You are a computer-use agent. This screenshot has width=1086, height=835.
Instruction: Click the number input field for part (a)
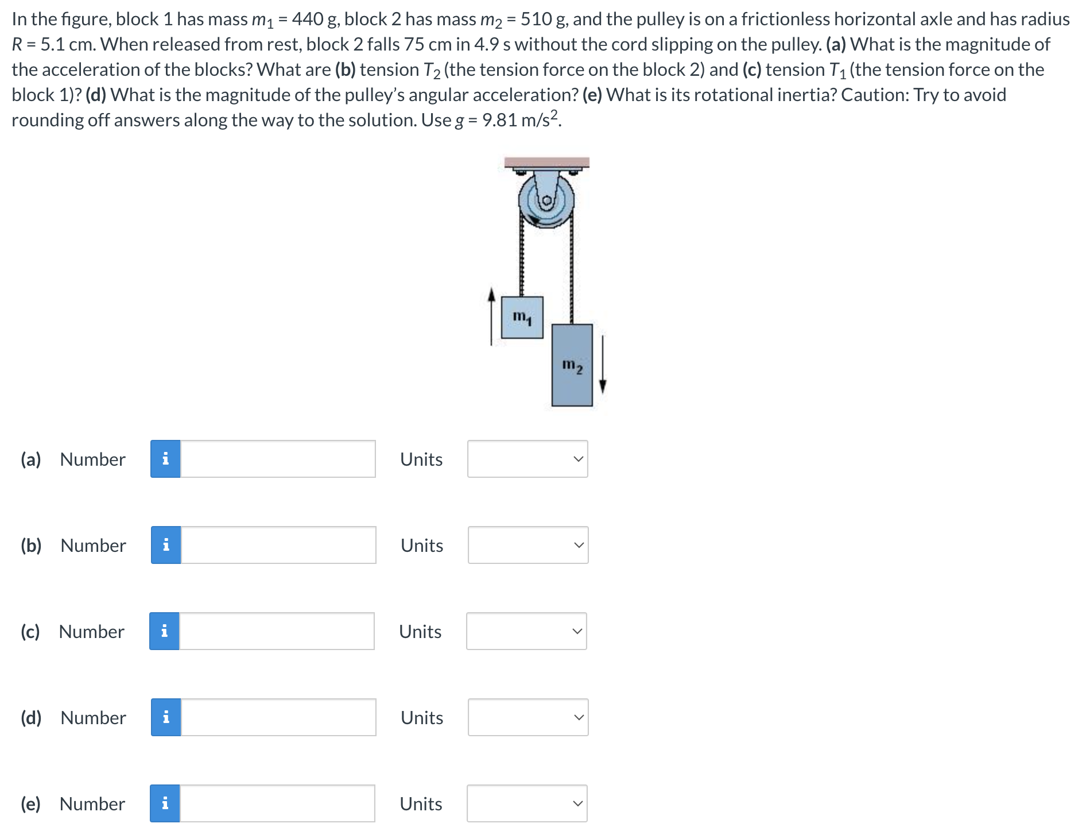point(278,459)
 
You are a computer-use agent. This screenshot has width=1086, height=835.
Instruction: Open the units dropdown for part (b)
point(528,545)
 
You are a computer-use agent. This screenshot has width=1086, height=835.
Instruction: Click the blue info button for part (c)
point(164,631)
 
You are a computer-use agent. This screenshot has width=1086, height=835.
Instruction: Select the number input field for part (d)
point(278,717)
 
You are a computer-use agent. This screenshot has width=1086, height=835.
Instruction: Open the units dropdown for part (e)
point(526,803)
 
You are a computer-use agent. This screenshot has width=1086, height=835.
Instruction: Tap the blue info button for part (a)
point(165,459)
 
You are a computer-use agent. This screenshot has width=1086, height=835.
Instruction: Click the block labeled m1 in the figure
point(522,317)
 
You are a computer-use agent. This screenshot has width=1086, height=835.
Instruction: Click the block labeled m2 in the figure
point(572,365)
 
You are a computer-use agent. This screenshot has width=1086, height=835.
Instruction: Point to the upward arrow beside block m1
point(491,316)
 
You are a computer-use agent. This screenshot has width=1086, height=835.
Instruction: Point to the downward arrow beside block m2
point(602,365)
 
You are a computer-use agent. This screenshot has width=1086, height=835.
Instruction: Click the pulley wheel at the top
point(546,200)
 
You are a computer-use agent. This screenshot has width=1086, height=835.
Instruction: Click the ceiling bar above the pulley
point(546,162)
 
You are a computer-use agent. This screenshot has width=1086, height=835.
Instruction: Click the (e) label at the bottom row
point(30,803)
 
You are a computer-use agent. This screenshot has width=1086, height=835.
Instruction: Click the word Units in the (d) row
point(422,717)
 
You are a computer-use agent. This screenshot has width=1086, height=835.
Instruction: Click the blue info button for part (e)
point(165,803)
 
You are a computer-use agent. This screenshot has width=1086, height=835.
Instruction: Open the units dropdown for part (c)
point(526,631)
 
